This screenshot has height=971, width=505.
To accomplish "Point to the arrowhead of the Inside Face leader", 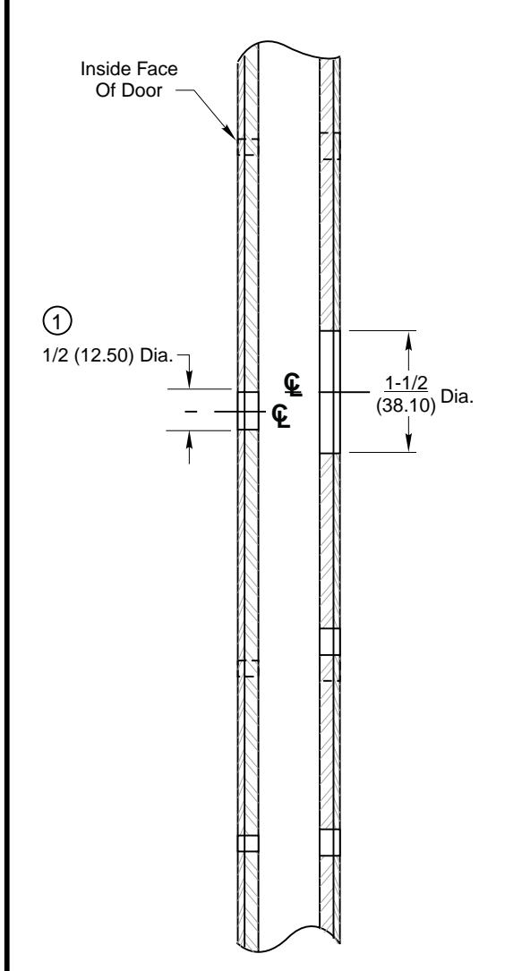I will (x=233, y=137).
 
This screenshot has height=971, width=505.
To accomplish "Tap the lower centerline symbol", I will (x=280, y=416).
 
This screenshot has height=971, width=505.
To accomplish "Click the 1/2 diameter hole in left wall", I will (x=248, y=410).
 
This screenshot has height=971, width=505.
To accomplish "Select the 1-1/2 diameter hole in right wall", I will (x=330, y=392).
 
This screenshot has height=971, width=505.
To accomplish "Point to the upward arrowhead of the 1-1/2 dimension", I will (x=410, y=338).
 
